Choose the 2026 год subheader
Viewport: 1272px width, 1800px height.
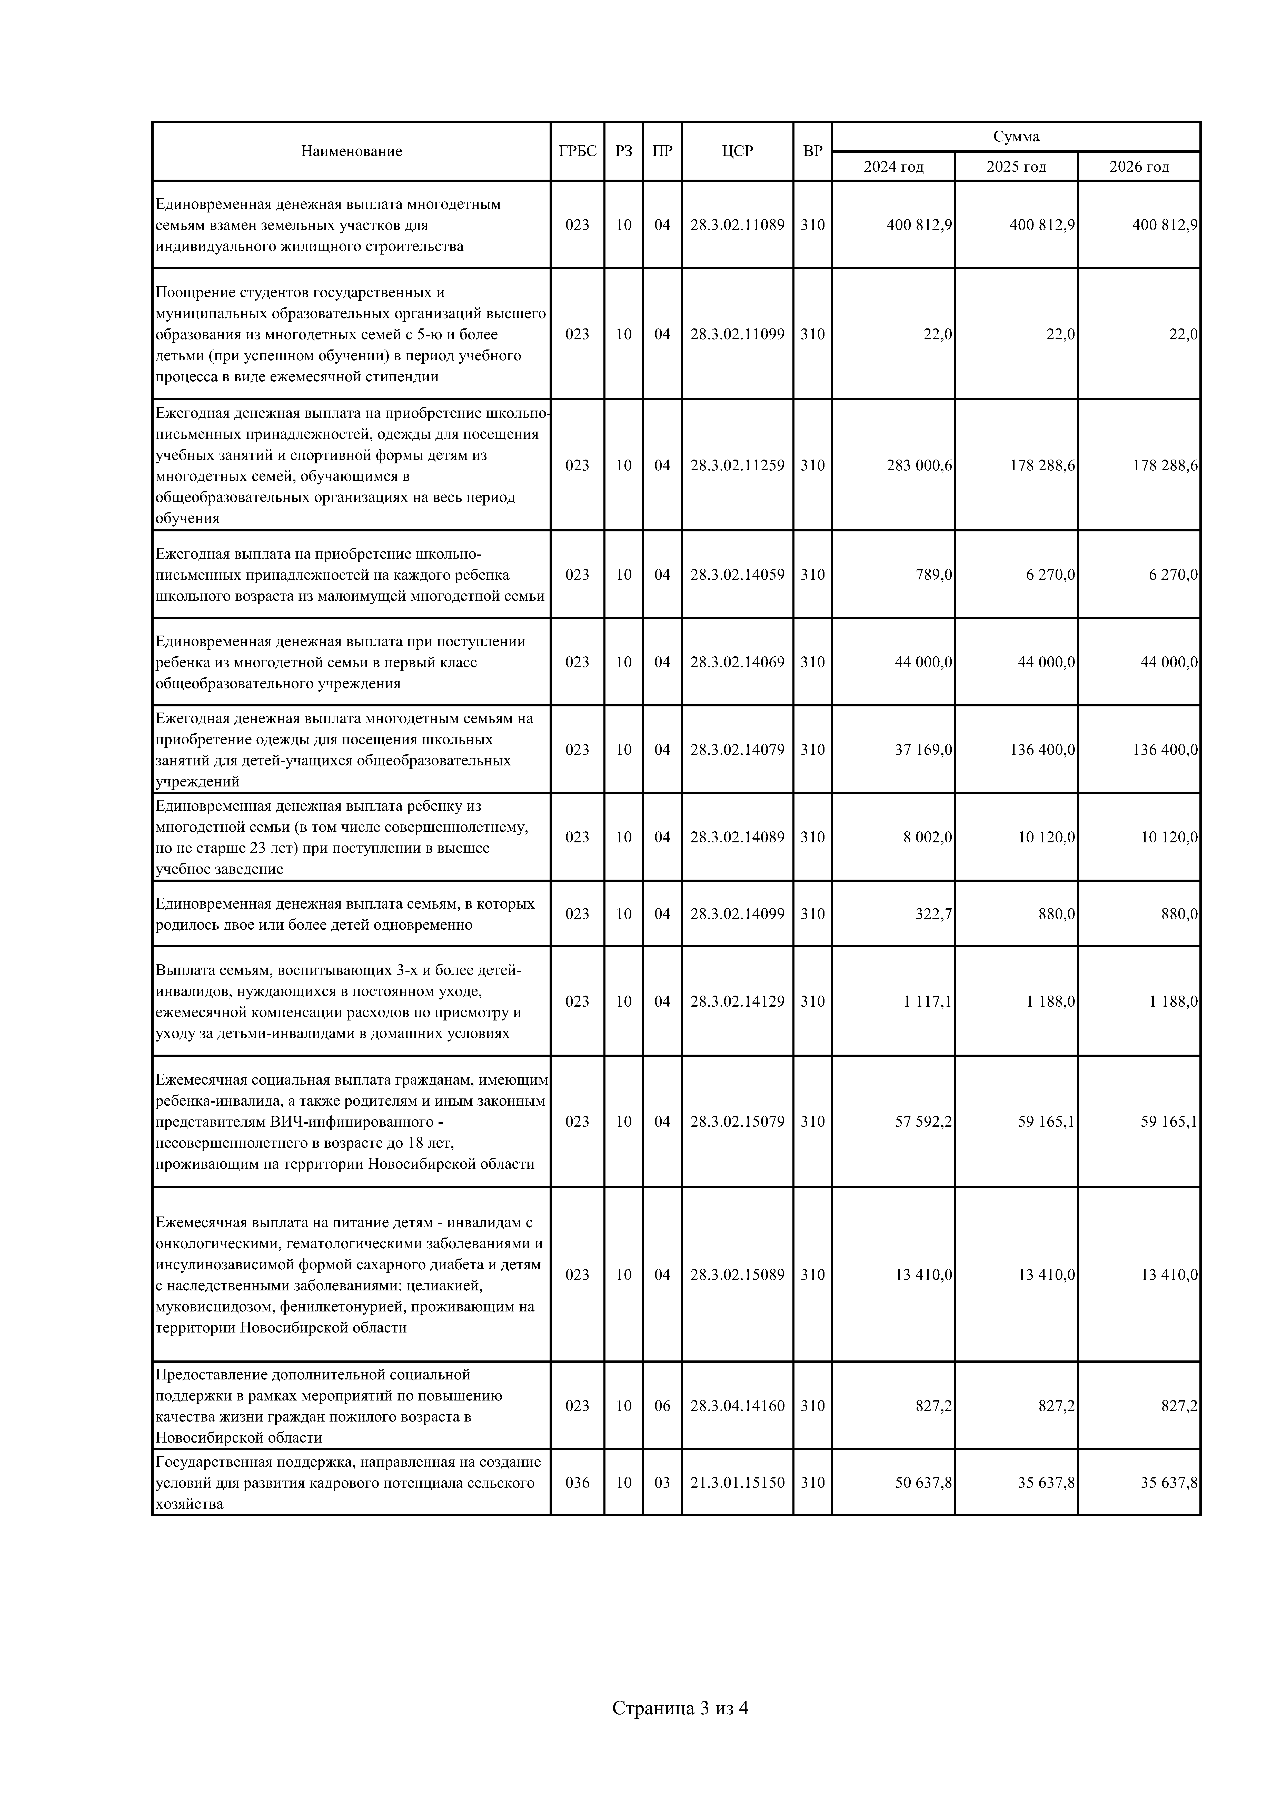[x=1139, y=167]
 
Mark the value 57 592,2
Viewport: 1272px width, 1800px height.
[x=923, y=1122]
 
